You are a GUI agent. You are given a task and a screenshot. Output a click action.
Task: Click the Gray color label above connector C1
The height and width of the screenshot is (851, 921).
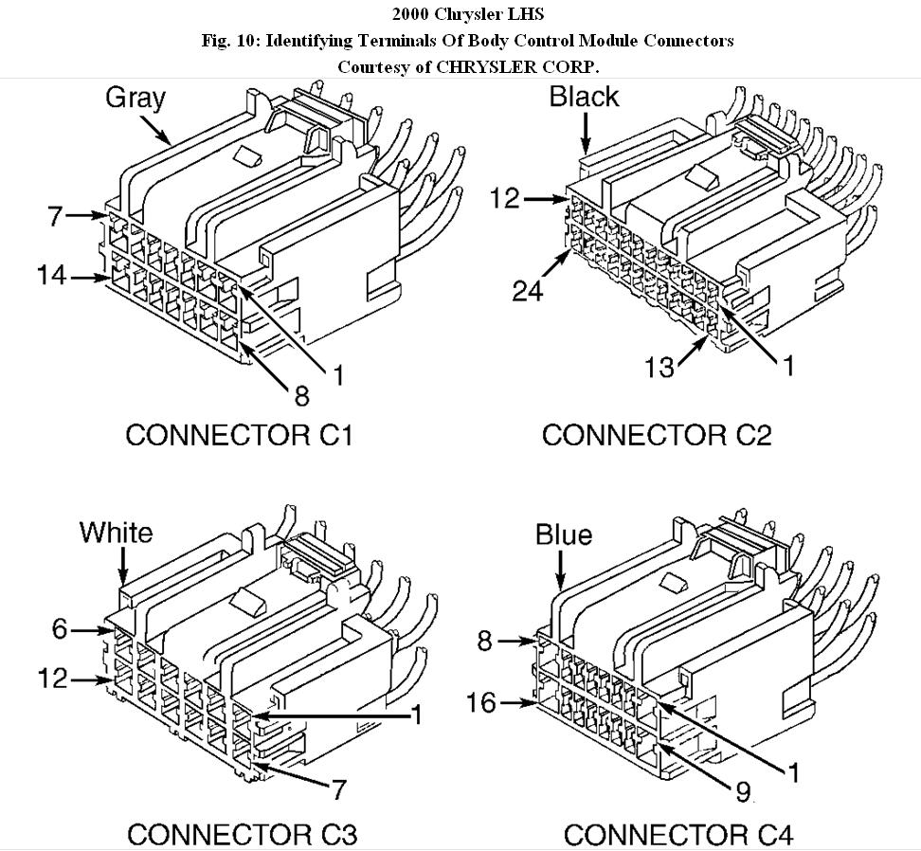pos(135,98)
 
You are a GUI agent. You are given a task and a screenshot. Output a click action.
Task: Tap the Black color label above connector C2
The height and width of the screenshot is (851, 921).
pos(584,97)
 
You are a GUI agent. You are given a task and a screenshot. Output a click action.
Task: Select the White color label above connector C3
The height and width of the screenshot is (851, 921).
pos(116,533)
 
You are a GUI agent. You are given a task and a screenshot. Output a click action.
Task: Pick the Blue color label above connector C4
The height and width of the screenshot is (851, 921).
pos(564,535)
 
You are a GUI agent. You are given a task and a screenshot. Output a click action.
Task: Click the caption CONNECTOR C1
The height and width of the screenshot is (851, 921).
pos(239,435)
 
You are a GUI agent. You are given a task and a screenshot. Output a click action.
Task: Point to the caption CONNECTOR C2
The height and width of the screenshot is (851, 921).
pos(657,435)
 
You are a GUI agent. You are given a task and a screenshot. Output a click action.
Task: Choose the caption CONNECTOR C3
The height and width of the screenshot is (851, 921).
pos(242,835)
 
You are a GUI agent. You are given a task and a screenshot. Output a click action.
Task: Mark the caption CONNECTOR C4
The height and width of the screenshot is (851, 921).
pos(677,835)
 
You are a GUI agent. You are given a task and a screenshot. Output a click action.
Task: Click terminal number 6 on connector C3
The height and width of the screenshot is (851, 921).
pos(61,628)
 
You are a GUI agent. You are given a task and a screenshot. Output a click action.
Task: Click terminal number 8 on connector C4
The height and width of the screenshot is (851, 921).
pos(484,642)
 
